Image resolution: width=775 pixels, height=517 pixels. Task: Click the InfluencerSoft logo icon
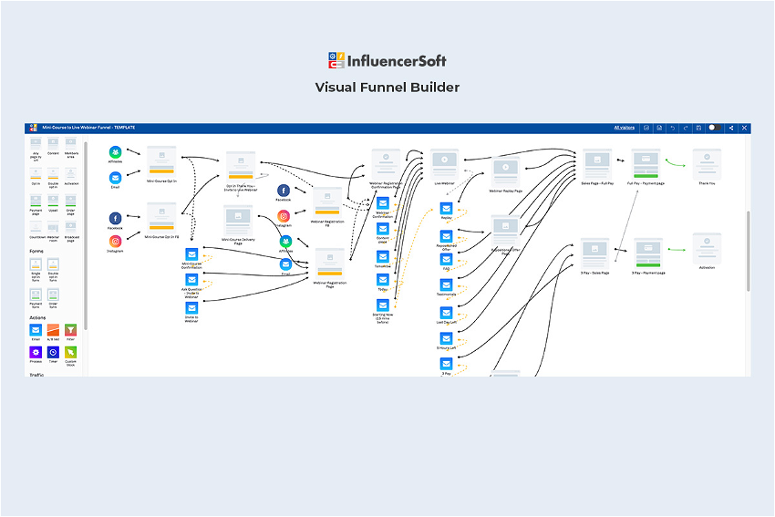pyautogui.click(x=336, y=61)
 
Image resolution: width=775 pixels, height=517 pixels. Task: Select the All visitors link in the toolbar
pyautogui.click(x=624, y=128)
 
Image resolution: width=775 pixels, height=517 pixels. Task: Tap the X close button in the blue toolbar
pyautogui.click(x=744, y=128)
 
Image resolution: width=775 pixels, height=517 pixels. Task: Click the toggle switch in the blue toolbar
pyautogui.click(x=715, y=128)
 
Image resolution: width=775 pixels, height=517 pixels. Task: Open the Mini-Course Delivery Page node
pyautogui.click(x=238, y=220)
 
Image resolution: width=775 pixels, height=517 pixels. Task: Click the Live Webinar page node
pyautogui.click(x=444, y=164)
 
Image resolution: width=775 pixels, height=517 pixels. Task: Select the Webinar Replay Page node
pyautogui.click(x=506, y=171)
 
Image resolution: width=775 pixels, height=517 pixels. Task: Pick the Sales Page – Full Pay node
pyautogui.click(x=597, y=164)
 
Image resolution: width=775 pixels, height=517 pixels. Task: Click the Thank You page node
pyautogui.click(x=707, y=164)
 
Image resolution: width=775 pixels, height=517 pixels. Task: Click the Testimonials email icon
pyautogui.click(x=446, y=286)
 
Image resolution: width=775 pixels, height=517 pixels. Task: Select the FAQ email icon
pyautogui.click(x=446, y=261)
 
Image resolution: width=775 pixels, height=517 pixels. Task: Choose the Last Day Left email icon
pyautogui.click(x=446, y=313)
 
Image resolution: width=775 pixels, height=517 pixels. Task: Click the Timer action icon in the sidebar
pyautogui.click(x=53, y=352)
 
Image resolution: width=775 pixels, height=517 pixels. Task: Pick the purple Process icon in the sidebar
pyautogui.click(x=36, y=352)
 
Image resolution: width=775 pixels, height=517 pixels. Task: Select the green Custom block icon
pyautogui.click(x=70, y=352)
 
